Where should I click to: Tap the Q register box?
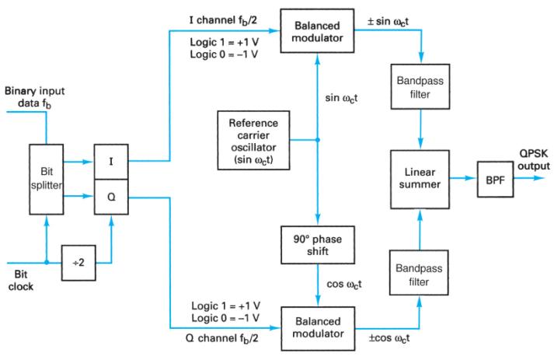pyautogui.click(x=112, y=196)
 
